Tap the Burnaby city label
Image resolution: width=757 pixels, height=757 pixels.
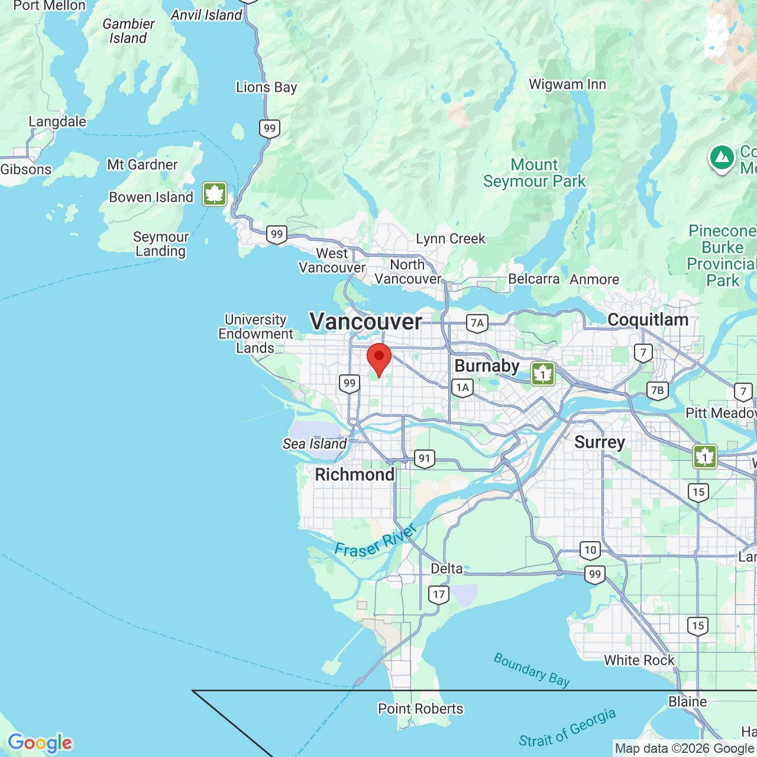[487, 366]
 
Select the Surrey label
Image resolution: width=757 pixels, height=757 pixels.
[599, 442]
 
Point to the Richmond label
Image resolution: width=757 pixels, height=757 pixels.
[354, 474]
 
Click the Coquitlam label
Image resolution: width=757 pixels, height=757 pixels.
[648, 320]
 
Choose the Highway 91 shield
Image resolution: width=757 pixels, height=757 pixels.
[424, 458]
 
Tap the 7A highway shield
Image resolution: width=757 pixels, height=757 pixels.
[477, 323]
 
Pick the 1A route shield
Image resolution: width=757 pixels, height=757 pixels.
[462, 388]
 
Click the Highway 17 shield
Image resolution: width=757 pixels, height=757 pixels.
[438, 594]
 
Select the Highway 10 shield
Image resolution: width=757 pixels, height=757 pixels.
[590, 550]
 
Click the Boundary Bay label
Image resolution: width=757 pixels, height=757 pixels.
[532, 670]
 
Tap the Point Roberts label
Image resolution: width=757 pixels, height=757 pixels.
[420, 709]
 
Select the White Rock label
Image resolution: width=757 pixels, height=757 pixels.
[639, 660]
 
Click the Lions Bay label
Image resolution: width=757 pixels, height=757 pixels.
[266, 88]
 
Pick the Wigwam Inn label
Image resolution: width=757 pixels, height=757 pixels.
[567, 85]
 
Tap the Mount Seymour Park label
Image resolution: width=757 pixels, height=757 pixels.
[534, 173]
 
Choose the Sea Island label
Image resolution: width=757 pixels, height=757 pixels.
[315, 444]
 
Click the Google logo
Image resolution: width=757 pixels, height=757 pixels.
[40, 743]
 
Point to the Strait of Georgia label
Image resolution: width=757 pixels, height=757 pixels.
[567, 729]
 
